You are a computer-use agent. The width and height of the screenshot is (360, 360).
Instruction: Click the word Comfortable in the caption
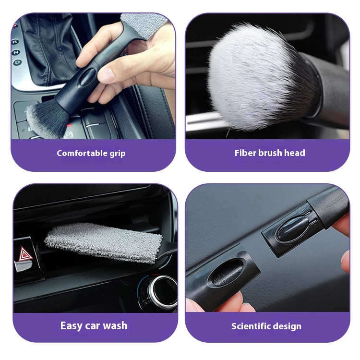(82, 153)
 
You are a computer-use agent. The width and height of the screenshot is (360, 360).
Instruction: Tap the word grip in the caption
(118, 154)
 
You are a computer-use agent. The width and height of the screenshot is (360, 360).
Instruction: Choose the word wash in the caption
(115, 325)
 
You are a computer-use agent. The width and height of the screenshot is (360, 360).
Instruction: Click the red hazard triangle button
(25, 254)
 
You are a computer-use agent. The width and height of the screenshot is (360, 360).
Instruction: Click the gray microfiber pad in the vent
(103, 242)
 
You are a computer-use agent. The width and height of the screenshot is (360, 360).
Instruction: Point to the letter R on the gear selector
(15, 42)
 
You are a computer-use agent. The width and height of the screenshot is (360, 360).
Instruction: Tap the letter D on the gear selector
(18, 62)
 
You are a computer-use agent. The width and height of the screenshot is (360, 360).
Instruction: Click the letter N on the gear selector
(16, 52)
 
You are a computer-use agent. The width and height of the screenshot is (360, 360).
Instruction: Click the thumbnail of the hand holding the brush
(93, 76)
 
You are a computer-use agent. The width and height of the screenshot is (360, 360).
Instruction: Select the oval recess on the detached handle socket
(226, 273)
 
